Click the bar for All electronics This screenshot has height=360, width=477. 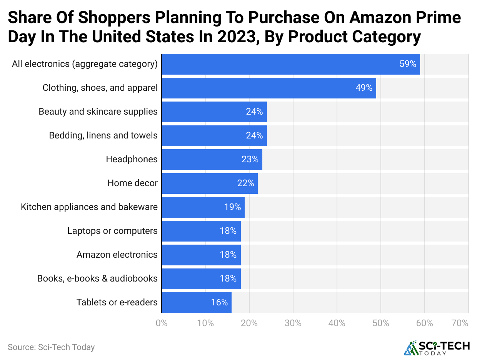point(290,64)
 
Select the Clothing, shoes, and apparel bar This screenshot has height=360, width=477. point(269,88)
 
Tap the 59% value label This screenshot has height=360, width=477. point(408,64)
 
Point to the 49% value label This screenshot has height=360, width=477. point(364,88)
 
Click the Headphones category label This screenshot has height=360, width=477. point(132,159)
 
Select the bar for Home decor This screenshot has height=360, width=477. point(209,183)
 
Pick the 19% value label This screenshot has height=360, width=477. point(232,207)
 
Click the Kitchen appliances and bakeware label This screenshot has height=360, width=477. point(89,207)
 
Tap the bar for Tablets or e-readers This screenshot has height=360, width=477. point(196,303)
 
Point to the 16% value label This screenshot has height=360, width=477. point(219,303)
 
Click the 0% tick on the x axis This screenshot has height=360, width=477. point(162,323)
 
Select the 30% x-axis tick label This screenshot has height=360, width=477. point(293,323)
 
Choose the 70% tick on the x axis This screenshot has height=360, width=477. point(460,323)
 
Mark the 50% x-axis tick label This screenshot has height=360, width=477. point(381,323)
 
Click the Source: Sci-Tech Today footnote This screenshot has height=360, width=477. point(51,347)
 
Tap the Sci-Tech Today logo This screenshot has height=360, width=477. point(437,348)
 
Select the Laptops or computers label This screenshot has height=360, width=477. point(112,231)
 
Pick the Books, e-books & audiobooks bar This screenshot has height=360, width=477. point(201,279)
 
